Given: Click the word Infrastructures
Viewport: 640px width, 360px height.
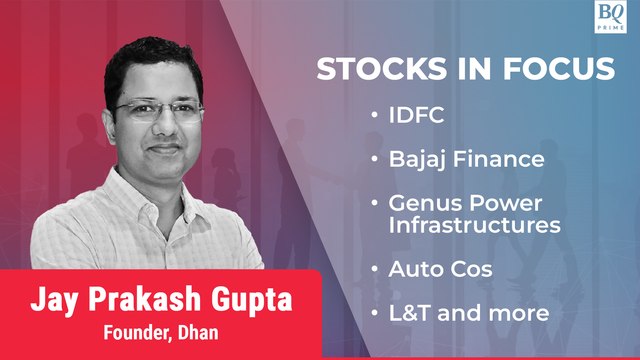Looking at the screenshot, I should [474, 225].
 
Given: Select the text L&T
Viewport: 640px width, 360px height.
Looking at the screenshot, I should [409, 313].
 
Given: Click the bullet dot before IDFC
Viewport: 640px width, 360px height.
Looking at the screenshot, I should [373, 115].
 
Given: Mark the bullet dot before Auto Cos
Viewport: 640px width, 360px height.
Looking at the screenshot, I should [373, 269].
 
